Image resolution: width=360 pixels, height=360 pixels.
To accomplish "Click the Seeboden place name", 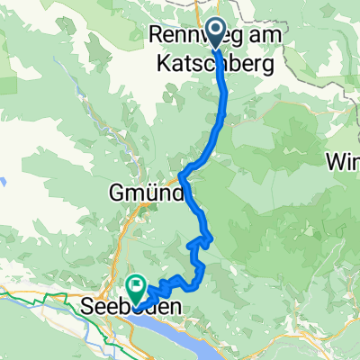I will click(137, 307).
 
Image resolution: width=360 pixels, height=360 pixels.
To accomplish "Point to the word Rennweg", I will click(181, 35).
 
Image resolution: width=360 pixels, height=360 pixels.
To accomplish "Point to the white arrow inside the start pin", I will click(216, 27).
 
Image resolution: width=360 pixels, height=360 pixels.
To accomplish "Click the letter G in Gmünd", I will click(117, 192).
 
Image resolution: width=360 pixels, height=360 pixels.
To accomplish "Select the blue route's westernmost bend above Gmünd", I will click(181, 171).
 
